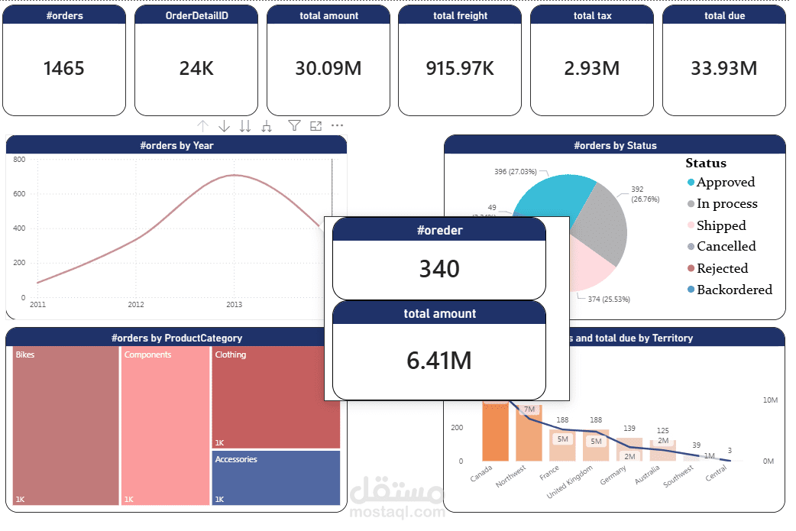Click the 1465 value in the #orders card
64,69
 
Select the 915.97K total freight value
460,69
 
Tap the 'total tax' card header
592,15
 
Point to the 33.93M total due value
723,69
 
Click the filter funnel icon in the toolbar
294,126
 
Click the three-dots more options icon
337,126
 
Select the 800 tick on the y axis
19,160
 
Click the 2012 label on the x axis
136,305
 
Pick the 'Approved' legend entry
725,183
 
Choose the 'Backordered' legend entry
733,290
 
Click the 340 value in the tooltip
439,269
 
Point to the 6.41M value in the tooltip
439,360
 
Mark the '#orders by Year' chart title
176,145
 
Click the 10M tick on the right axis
770,400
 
